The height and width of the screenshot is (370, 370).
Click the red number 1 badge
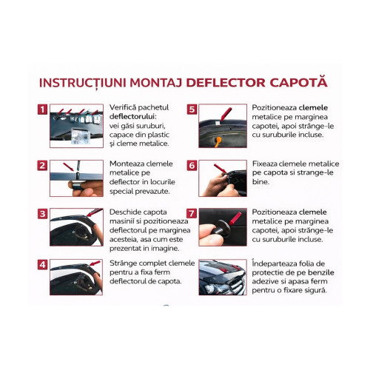(x=43, y=110)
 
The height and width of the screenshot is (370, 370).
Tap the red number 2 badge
(x=43, y=165)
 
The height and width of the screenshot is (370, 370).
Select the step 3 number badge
(x=43, y=214)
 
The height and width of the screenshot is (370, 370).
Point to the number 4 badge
(x=43, y=265)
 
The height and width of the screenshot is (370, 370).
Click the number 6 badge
(x=191, y=165)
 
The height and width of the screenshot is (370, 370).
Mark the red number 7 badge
(x=191, y=214)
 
